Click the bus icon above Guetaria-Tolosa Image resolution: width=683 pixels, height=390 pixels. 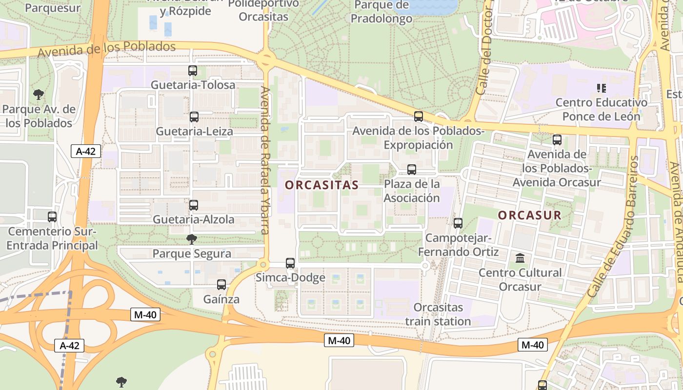[193, 71]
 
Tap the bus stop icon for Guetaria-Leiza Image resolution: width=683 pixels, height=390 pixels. [194, 117]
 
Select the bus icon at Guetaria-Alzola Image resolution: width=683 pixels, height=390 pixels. [194, 205]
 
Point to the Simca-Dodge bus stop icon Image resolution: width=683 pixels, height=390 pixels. [290, 263]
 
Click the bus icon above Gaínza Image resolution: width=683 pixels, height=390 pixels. [221, 285]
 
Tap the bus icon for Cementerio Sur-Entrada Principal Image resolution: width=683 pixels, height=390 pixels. [52, 217]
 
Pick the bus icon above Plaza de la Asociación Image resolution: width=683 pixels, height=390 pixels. [412, 170]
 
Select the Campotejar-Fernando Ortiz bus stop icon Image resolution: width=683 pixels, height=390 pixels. [458, 223]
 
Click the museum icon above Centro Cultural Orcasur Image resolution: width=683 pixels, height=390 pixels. [520, 258]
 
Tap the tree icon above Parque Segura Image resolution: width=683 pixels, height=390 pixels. [192, 239]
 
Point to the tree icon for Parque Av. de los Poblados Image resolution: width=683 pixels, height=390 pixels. [39, 95]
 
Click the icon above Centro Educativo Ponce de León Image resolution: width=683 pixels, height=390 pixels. [602, 88]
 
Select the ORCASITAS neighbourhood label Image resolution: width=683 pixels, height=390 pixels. [322, 185]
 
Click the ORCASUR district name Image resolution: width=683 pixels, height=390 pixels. [530, 215]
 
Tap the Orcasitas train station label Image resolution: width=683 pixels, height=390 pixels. [438, 314]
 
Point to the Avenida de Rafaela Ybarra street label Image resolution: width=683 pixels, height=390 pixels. [265, 161]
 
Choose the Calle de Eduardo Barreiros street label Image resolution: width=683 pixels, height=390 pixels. [613, 227]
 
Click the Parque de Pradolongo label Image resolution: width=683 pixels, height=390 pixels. [382, 12]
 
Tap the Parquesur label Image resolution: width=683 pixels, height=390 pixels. [53, 8]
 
